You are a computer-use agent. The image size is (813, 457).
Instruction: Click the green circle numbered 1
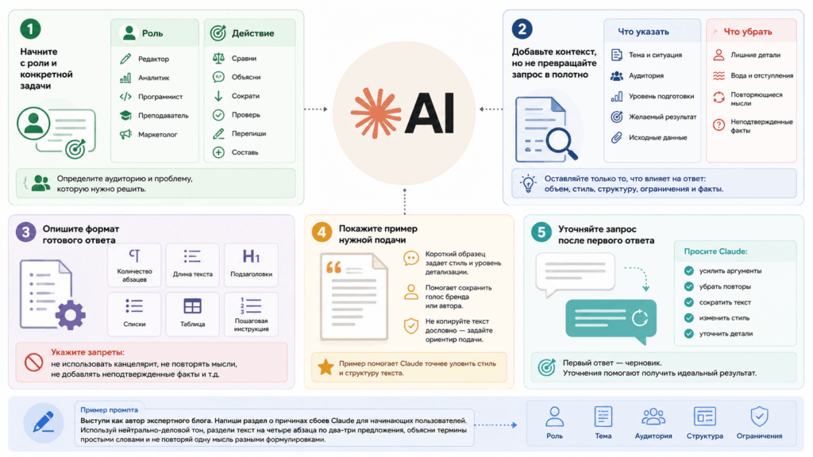point(30,29)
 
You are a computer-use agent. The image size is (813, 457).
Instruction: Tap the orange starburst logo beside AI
point(376,113)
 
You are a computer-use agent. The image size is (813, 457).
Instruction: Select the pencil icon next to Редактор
point(125,59)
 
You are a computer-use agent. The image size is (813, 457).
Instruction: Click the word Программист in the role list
point(160,96)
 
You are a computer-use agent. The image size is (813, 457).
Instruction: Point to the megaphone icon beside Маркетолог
point(125,134)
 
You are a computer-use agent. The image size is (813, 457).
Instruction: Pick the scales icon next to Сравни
point(219,58)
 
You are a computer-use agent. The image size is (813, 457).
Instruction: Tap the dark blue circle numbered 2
point(522,29)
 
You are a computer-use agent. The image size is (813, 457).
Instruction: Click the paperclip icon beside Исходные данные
point(616,137)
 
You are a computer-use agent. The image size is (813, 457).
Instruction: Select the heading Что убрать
point(748,32)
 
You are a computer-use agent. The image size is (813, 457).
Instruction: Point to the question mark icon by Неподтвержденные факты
point(719,125)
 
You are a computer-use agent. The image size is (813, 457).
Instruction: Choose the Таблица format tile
point(192,313)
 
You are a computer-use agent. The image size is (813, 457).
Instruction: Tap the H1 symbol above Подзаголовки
point(251,256)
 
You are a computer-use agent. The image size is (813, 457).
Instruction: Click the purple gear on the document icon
point(71,314)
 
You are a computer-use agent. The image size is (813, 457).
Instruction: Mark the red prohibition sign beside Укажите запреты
point(33,362)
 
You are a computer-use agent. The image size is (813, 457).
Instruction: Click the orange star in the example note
point(326,367)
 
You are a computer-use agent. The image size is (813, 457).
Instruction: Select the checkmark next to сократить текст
point(688,302)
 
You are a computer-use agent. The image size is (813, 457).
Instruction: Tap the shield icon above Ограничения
point(759,416)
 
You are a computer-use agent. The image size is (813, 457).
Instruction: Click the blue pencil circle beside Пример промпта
point(44,422)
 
